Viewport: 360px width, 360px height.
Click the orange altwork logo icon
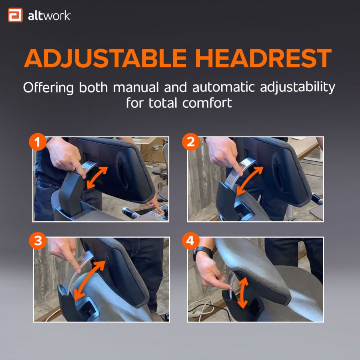point(15,16)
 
